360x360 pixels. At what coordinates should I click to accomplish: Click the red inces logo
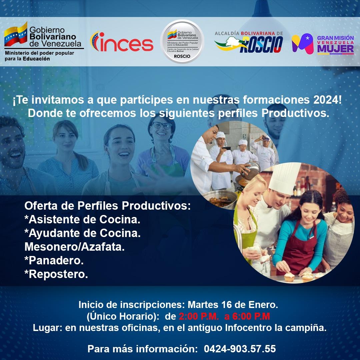(x=122, y=42)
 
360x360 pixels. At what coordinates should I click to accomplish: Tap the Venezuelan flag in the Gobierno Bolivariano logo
(x=16, y=35)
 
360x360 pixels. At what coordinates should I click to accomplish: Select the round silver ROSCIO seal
(x=182, y=41)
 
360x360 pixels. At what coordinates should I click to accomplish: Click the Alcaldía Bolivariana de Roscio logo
(x=249, y=42)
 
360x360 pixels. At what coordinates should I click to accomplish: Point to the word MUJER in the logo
(x=335, y=49)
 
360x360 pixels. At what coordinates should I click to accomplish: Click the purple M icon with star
(x=302, y=43)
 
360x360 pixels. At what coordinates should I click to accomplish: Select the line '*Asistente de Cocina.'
(x=82, y=220)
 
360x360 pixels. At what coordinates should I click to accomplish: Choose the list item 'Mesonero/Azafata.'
(x=75, y=247)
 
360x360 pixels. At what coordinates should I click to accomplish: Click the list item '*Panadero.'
(x=54, y=260)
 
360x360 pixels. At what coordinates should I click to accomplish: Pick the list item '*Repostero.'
(x=56, y=274)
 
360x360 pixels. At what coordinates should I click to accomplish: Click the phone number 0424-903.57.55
(x=240, y=349)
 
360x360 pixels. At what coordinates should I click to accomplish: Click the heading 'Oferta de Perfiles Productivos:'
(x=107, y=206)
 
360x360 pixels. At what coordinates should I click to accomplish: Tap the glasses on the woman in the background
(x=162, y=125)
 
